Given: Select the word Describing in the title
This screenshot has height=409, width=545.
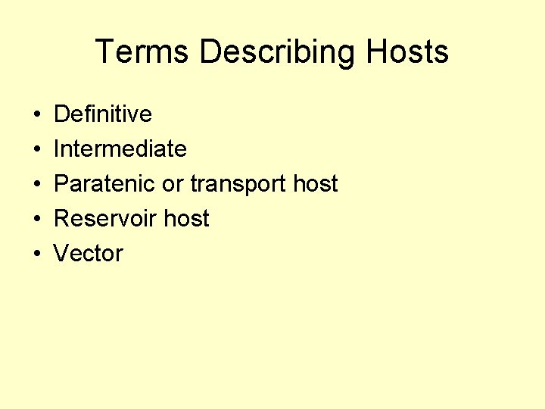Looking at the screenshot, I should tap(277, 53).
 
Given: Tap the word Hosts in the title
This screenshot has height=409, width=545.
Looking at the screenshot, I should tap(407, 52).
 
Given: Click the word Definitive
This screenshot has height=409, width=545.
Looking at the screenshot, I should tap(103, 114).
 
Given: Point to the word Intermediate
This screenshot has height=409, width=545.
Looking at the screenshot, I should tap(120, 149).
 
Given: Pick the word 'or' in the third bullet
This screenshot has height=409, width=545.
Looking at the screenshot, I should tap(173, 184).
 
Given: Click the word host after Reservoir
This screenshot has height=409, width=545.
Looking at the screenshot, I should tap(186, 219).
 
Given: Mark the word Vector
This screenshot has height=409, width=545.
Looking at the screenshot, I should tap(88, 254).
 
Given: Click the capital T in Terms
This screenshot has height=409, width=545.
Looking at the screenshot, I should tap(106, 52).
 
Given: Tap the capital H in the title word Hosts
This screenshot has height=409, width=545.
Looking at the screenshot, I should tap(376, 52).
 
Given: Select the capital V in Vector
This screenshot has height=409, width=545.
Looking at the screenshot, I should tap(61, 254).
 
